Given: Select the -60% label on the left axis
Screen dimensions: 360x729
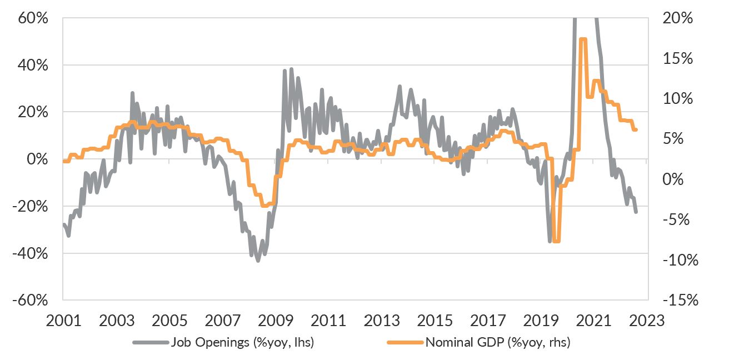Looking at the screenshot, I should click(x=32, y=301).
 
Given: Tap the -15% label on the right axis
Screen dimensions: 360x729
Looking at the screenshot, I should click(x=680, y=301).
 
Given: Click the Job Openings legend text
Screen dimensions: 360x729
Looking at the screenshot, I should click(x=244, y=343).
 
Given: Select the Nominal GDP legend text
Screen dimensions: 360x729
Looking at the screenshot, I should click(x=498, y=343).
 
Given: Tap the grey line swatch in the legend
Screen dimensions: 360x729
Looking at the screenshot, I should click(x=150, y=343).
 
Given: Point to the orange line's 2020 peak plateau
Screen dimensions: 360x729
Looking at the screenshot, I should click(x=582, y=39).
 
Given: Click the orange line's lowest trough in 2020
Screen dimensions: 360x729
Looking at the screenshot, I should click(x=556, y=241).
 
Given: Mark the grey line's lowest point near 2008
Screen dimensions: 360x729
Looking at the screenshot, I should click(x=258, y=260).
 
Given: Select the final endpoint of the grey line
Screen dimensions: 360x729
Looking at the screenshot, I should click(x=636, y=212).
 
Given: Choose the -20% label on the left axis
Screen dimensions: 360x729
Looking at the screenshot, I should click(x=32, y=207).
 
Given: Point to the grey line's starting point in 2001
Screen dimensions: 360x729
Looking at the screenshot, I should click(x=64, y=224).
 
